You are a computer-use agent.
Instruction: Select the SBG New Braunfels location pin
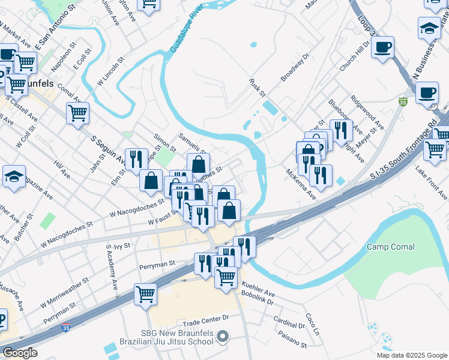point(223,337)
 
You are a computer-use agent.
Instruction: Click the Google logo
point(20,353)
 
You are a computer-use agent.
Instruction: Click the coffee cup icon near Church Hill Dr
point(382,47)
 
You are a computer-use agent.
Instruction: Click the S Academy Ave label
point(112,264)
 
